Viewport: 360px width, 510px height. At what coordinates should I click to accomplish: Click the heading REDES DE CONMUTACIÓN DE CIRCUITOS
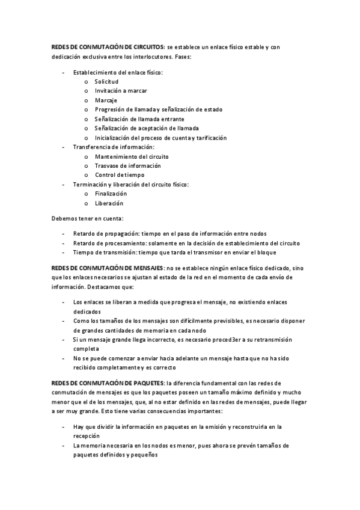click(x=107, y=46)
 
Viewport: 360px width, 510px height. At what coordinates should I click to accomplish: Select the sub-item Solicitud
click(x=106, y=81)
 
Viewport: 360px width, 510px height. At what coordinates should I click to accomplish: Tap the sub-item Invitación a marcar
click(x=121, y=91)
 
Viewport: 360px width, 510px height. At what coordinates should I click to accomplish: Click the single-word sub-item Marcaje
click(x=106, y=100)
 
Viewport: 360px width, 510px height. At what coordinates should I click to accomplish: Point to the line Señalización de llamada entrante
click(x=139, y=119)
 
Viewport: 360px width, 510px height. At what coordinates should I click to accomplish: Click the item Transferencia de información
click(x=113, y=147)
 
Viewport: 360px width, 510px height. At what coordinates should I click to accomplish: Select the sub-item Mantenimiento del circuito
click(x=128, y=156)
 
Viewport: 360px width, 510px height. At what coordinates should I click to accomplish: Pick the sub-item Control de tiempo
click(x=120, y=175)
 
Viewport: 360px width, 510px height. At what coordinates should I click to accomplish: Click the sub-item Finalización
click(x=111, y=194)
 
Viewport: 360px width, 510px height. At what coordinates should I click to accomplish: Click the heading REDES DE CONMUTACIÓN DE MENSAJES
click(x=106, y=267)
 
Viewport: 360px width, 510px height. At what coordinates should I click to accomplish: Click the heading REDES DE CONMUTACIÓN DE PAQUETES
click(x=106, y=382)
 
